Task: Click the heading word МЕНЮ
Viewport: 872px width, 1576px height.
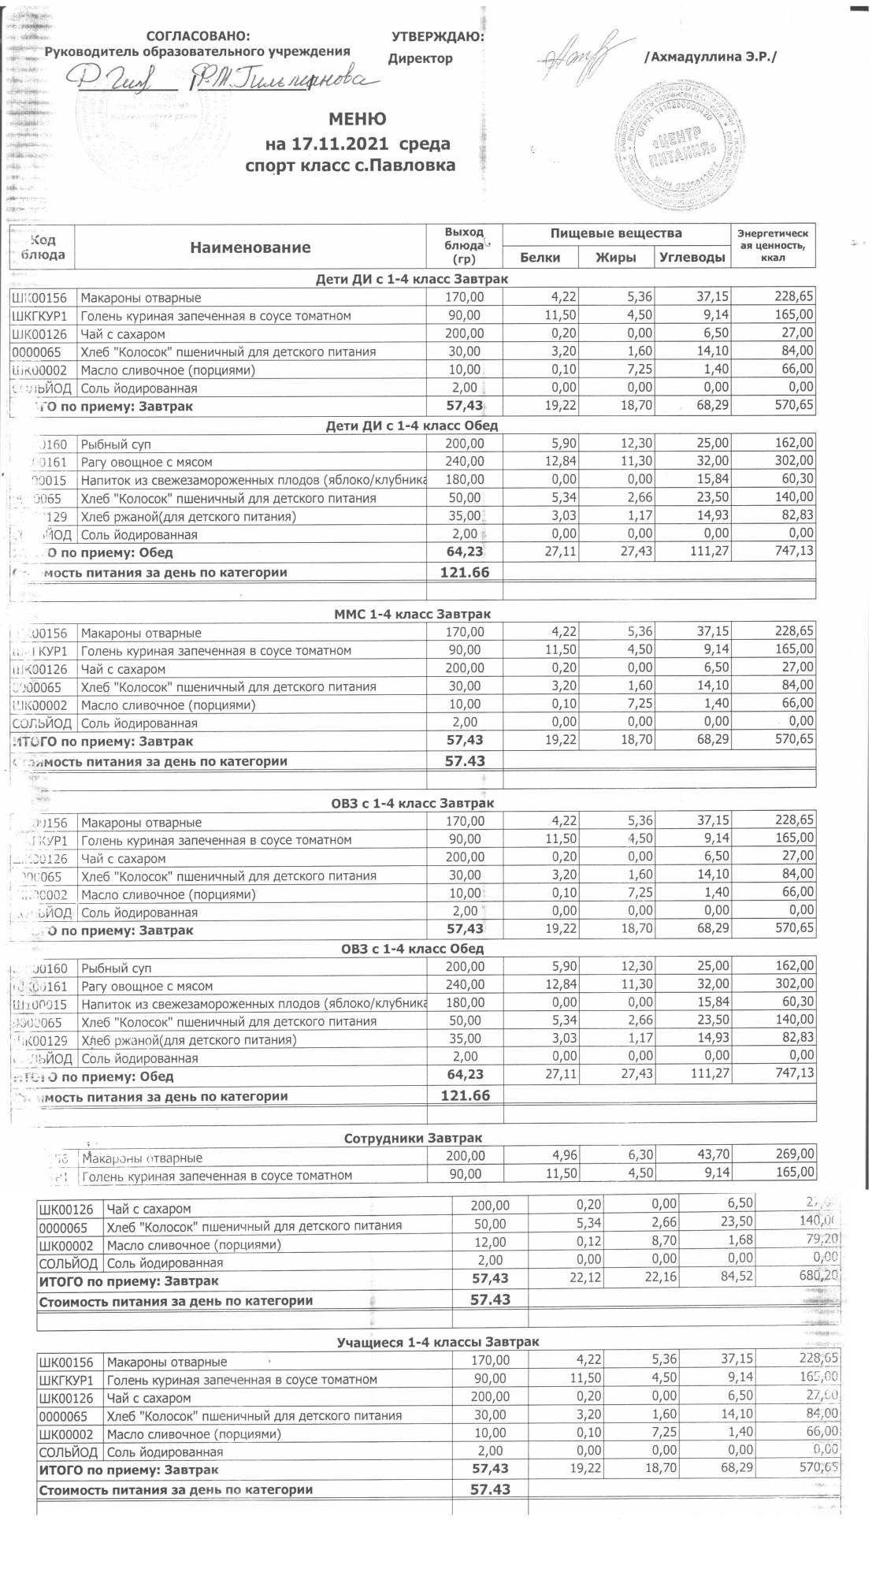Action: coord(357,120)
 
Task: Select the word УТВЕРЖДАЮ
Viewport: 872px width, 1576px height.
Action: coord(437,36)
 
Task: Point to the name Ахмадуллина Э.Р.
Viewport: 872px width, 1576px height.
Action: coord(711,57)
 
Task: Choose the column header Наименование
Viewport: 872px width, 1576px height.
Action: coord(250,247)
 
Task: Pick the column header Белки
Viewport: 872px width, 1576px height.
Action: coord(540,258)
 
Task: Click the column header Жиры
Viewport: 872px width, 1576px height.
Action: coord(615,258)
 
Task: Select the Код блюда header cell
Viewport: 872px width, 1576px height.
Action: coord(43,247)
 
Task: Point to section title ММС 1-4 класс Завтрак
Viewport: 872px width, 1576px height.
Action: coord(412,614)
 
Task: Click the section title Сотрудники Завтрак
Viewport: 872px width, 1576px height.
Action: coord(413,1138)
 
